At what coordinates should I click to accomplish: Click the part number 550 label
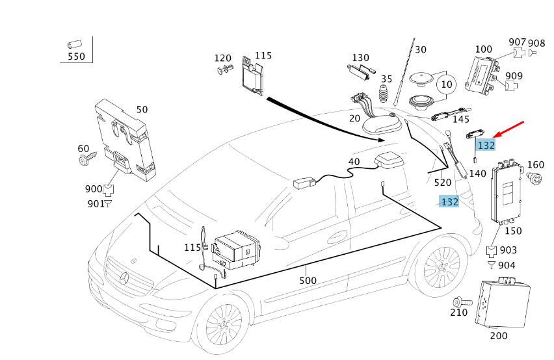76,57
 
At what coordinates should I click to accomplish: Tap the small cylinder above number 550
75,45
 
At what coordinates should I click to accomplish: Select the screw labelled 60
87,159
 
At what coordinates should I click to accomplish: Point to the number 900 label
93,189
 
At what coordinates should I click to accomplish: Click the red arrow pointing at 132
508,129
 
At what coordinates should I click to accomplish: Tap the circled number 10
447,84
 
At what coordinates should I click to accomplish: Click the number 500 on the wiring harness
308,281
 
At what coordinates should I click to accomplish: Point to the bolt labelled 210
462,302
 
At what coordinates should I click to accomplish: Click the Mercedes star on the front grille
124,279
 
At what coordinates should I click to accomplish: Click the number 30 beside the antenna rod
421,50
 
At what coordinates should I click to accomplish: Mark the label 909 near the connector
514,76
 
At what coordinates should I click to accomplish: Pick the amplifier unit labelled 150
506,192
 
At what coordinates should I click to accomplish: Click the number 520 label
443,183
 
